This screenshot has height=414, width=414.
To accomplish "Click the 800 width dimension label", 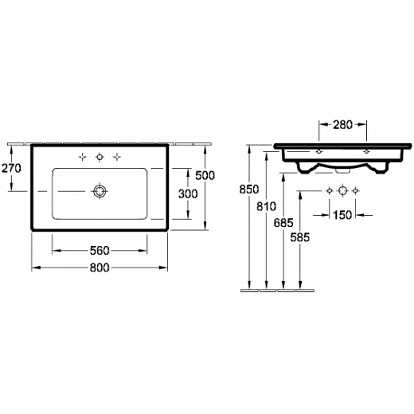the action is click(x=100, y=268).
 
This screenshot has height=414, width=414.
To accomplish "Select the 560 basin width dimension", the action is click(x=100, y=251).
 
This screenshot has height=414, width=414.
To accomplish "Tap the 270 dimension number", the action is click(x=11, y=168).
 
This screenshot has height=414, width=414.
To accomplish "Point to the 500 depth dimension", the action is click(x=205, y=175).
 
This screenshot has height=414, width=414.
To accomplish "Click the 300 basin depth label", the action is click(x=188, y=194).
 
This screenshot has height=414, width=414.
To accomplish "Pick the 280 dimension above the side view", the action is click(x=342, y=125).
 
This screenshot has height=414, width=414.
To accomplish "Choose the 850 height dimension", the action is click(x=249, y=189).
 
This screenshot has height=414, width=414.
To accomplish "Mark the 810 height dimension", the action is click(x=266, y=206).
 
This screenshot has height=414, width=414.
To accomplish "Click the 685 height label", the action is click(x=283, y=223).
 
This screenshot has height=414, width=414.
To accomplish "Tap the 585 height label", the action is click(x=300, y=237).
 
